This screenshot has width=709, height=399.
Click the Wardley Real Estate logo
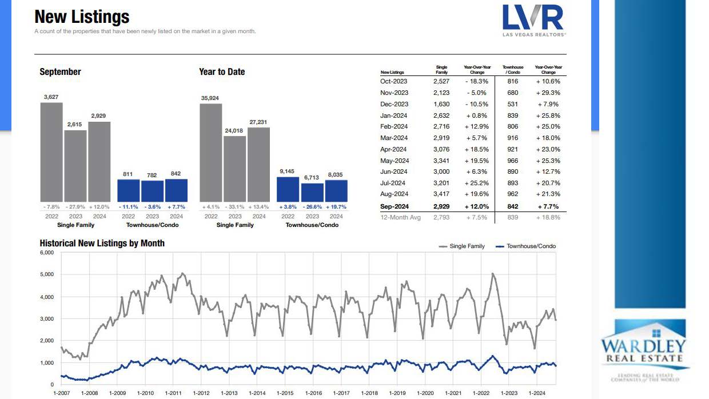643,349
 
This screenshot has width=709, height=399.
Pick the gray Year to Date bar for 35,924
210,151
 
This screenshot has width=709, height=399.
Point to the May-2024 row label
395,161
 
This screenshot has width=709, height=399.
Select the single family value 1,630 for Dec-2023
441,104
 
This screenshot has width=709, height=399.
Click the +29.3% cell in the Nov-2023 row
548,93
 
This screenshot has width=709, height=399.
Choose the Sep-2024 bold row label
395,206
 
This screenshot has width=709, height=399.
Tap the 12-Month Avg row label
400,217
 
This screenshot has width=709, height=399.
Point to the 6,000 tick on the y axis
46,253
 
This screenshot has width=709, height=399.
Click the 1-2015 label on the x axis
285,393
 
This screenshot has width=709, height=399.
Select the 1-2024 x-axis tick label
537,393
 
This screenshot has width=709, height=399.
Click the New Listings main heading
82,17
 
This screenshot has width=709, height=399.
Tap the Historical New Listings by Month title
102,243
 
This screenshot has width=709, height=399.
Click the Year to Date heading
222,72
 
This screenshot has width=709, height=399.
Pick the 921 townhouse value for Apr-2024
513,149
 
